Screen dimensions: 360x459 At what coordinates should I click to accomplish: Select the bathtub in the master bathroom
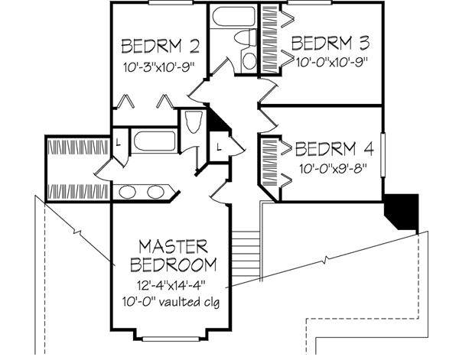tap(155, 141)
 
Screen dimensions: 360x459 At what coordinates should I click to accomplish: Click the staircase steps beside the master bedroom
tap(246, 252)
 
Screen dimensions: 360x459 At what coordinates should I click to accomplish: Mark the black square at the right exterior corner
tap(402, 209)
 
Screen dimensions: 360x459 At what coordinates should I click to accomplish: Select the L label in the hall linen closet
tap(219, 146)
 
